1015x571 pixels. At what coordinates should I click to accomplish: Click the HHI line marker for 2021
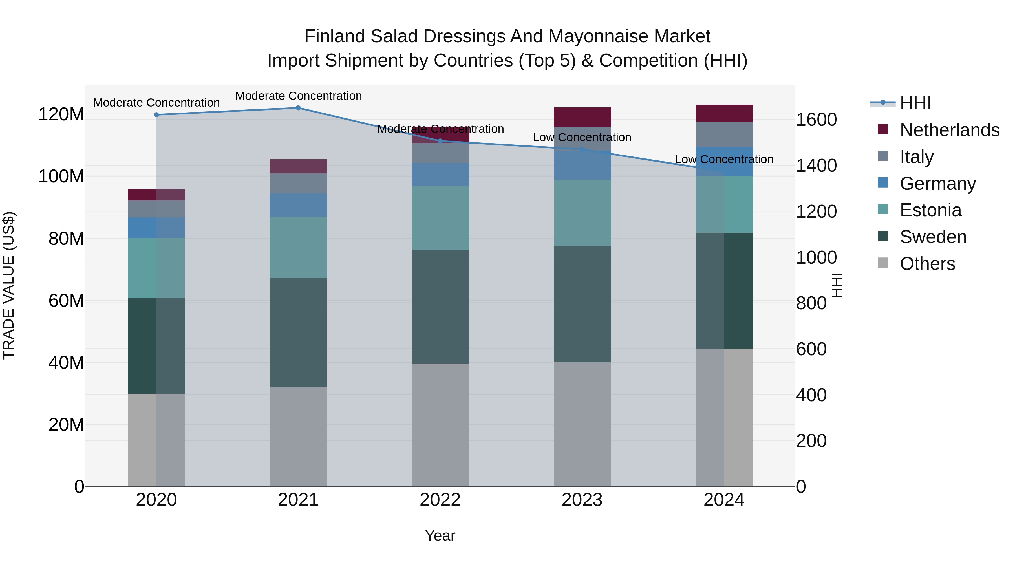298,108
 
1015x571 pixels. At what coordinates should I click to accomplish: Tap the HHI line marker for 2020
156,115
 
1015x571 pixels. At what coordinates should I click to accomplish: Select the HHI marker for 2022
440,141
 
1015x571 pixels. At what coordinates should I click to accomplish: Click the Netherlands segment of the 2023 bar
582,117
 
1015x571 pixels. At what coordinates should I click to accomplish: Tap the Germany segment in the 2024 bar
724,161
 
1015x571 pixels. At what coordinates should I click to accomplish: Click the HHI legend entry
915,103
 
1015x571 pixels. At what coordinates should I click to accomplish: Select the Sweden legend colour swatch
883,237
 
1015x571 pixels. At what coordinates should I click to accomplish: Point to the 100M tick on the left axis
61,177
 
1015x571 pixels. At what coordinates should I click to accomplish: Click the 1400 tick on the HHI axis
817,166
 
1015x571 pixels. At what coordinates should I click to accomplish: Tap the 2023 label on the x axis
582,500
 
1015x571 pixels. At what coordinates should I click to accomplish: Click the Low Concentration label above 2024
724,159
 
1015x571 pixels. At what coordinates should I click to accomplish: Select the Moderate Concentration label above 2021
298,96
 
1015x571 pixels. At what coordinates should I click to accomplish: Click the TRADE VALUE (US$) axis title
9,285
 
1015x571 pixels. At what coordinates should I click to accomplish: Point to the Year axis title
440,535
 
